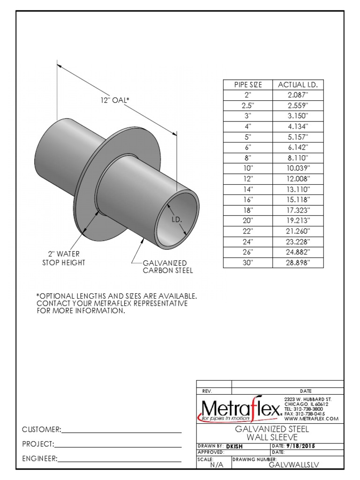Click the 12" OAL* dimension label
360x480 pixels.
tap(114, 100)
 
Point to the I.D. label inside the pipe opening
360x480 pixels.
tap(176, 219)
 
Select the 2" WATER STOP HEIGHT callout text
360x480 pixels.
tap(64, 258)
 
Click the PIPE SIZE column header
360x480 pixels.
tap(248, 85)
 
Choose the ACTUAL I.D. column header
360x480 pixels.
tap(298, 85)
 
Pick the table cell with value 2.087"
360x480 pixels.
tap(298, 95)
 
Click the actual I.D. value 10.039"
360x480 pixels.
tap(298, 168)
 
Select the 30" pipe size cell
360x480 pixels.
tap(248, 262)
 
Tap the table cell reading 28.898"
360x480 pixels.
tap(298, 262)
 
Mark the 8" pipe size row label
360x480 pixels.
tap(248, 157)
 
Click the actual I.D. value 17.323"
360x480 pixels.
tap(298, 210)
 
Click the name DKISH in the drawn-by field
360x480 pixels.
tap(234, 447)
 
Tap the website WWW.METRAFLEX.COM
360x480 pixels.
tap(311, 419)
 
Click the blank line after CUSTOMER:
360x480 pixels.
tap(121, 430)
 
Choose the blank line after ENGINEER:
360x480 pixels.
tap(120, 459)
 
